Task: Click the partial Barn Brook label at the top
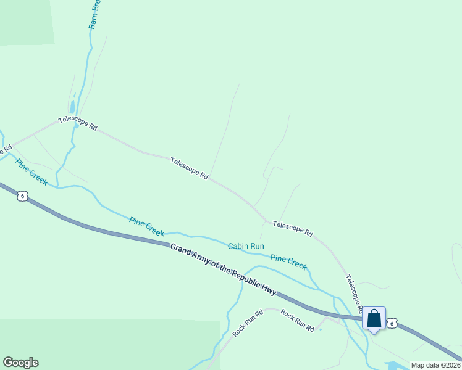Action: (94, 14)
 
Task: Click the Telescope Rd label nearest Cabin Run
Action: (293, 230)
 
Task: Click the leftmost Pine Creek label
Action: (31, 172)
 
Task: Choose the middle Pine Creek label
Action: (147, 226)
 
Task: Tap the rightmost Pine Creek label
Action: (288, 262)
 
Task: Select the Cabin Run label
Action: (246, 246)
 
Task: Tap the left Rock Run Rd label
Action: (248, 323)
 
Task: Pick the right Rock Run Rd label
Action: (297, 321)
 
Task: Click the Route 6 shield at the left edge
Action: (22, 195)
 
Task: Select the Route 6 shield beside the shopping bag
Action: (392, 323)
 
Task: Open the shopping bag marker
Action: (374, 319)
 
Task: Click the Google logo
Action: (20, 363)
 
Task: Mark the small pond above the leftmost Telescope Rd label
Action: (73, 106)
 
